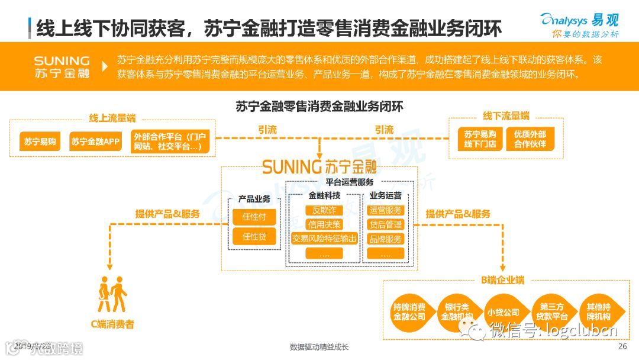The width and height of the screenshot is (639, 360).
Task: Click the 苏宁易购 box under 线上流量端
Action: [x=40, y=142]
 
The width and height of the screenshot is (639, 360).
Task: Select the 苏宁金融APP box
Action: [x=96, y=142]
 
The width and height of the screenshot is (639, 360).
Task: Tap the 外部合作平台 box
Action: [x=171, y=142]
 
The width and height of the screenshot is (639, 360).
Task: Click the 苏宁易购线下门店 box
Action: [x=480, y=139]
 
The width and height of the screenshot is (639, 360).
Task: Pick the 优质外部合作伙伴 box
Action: [x=530, y=139]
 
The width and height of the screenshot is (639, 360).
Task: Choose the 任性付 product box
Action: [x=254, y=217]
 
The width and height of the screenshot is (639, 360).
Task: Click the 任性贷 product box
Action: [x=254, y=237]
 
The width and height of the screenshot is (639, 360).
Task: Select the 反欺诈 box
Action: [x=324, y=210]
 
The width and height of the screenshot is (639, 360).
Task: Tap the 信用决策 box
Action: [x=324, y=224]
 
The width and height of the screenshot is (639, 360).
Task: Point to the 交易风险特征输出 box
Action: [x=324, y=239]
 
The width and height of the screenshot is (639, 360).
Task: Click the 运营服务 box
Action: [x=385, y=210]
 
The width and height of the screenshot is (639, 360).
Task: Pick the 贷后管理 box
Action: [x=385, y=224]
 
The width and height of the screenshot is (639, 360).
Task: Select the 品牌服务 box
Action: [x=385, y=239]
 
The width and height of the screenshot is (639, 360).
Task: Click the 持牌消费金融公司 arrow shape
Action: [x=409, y=312]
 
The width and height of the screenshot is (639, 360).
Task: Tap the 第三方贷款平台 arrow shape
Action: [x=554, y=312]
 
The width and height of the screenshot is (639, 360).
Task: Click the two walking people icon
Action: [x=112, y=295]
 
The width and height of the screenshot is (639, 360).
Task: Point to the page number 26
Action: [x=622, y=347]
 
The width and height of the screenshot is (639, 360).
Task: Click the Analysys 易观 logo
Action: [x=580, y=24]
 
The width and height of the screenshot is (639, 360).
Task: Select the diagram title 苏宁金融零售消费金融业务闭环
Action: [x=319, y=107]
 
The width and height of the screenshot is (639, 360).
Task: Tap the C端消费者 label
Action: [x=112, y=324]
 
